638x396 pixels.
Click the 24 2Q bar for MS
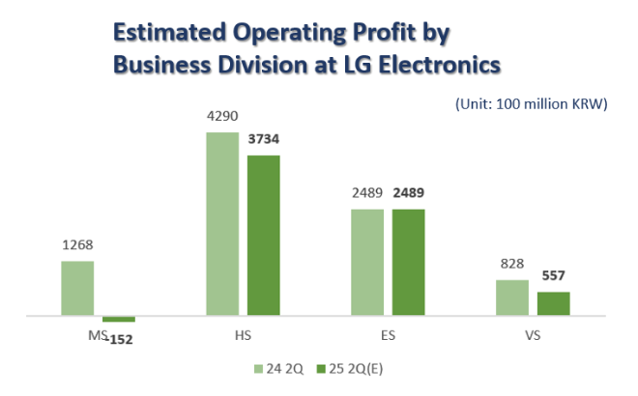click(77, 288)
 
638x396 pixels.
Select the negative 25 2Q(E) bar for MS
click(119, 319)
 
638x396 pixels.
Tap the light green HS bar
click(222, 224)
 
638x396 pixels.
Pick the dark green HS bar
click(263, 235)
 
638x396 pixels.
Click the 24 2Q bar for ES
click(367, 262)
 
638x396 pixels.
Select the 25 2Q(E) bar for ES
click(408, 262)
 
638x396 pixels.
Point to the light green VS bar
click(512, 297)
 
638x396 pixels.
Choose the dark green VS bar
click(553, 303)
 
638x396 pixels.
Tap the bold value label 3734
click(263, 139)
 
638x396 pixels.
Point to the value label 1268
click(77, 245)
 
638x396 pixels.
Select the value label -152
click(119, 338)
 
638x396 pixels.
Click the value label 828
click(512, 266)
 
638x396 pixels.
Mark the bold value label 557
click(554, 277)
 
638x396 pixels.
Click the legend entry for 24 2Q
click(280, 368)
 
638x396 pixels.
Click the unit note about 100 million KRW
click(530, 104)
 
